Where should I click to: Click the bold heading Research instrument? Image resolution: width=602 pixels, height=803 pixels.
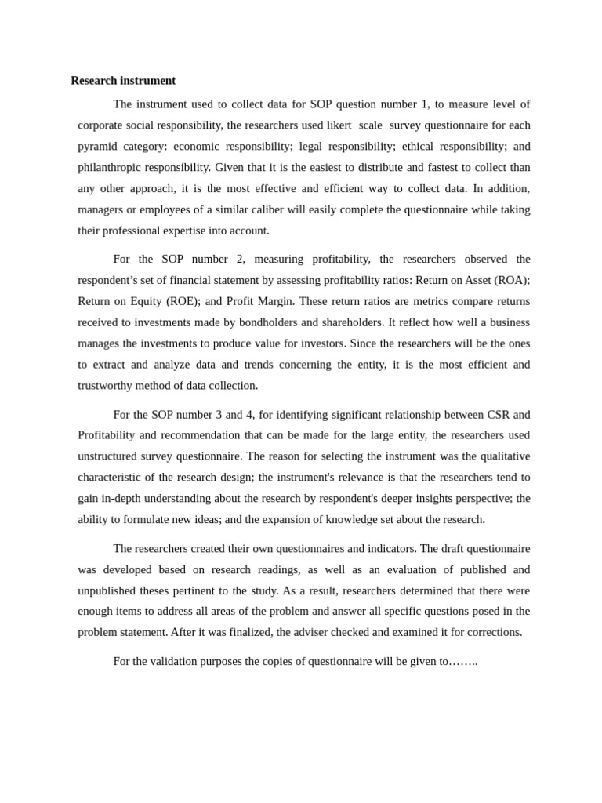123,81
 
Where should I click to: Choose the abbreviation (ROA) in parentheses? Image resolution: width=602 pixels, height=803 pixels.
508,281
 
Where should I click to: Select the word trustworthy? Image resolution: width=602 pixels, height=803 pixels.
109,386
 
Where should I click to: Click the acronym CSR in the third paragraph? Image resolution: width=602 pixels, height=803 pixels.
493,415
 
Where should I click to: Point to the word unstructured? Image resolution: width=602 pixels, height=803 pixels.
111,456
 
